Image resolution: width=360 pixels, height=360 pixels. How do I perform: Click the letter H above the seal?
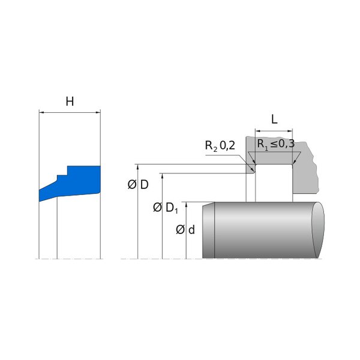(70, 101)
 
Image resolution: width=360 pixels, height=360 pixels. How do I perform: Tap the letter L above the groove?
(274, 119)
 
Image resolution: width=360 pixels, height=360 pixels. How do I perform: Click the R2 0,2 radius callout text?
(220, 146)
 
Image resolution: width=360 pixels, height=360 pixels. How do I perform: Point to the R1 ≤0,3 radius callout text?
(276, 144)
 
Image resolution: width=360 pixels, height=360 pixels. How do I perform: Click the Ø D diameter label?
(138, 185)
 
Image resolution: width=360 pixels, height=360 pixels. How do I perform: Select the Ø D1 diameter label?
(166, 208)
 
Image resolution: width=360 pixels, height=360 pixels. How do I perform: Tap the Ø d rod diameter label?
(185, 230)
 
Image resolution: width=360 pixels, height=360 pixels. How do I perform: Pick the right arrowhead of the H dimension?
(98, 113)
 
